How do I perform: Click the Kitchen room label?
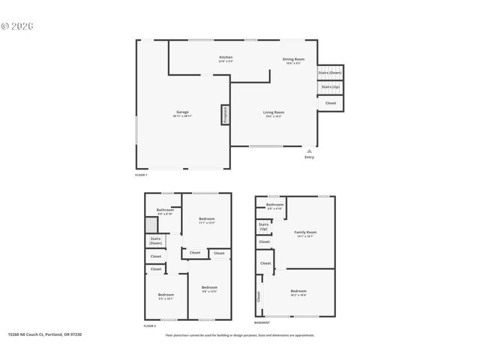coord(226,58)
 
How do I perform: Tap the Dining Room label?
coord(293,60)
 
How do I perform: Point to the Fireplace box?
coord(224,115)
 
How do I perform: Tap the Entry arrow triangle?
coord(309,151)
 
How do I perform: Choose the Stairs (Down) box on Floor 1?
coord(330,73)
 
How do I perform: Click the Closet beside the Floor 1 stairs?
coord(331,103)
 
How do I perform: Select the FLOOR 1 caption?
coord(141,175)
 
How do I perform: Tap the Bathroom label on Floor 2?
coord(165,211)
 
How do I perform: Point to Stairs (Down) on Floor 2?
coord(156,241)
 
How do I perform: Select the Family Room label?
coord(304,234)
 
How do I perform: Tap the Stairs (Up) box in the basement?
coord(264,226)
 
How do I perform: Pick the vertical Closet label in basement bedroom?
coord(259,296)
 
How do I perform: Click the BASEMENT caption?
coord(262,323)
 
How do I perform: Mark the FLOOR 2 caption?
coord(150,326)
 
